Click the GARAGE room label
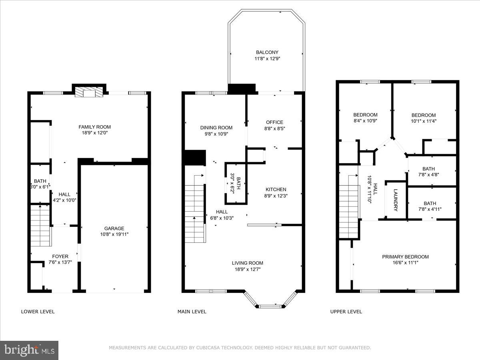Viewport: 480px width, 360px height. [114, 228]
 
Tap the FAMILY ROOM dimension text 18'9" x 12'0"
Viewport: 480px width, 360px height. [95, 133]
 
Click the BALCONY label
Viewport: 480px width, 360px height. [267, 52]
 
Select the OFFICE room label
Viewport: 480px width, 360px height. [274, 122]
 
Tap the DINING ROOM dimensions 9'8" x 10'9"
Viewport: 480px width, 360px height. [216, 134]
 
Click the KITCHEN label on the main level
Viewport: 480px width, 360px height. [276, 190]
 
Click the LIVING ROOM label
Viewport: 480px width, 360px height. [248, 263]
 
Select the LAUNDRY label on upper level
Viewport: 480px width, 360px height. [396, 200]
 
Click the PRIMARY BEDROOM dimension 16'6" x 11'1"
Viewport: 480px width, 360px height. [405, 263]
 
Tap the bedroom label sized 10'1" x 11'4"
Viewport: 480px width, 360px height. [424, 115]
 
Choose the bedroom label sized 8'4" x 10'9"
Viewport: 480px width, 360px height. [365, 115]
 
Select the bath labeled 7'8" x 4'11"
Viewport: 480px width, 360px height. [430, 203]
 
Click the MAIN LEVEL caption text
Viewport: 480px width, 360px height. [192, 312]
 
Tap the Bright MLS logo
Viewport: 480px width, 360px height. [29, 350]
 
